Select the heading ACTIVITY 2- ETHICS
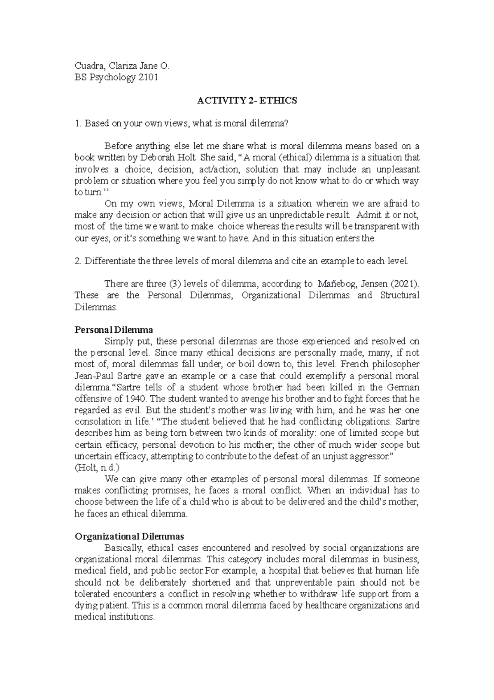click(247, 101)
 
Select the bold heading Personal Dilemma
click(114, 330)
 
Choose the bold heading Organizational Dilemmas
click(129, 536)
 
